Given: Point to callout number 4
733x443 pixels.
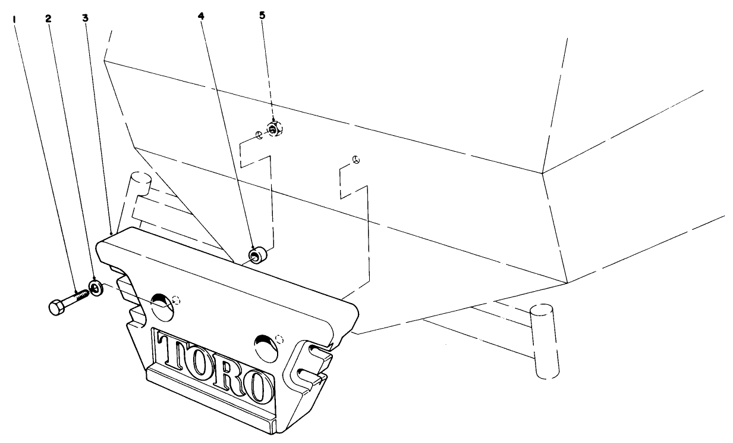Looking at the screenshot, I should [x=201, y=16].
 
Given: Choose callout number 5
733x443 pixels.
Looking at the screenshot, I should [x=262, y=14].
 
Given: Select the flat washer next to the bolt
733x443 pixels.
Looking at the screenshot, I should [x=96, y=289].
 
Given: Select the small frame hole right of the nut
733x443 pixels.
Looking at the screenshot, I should [x=356, y=159].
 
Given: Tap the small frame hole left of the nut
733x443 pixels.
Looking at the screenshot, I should [x=259, y=135].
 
